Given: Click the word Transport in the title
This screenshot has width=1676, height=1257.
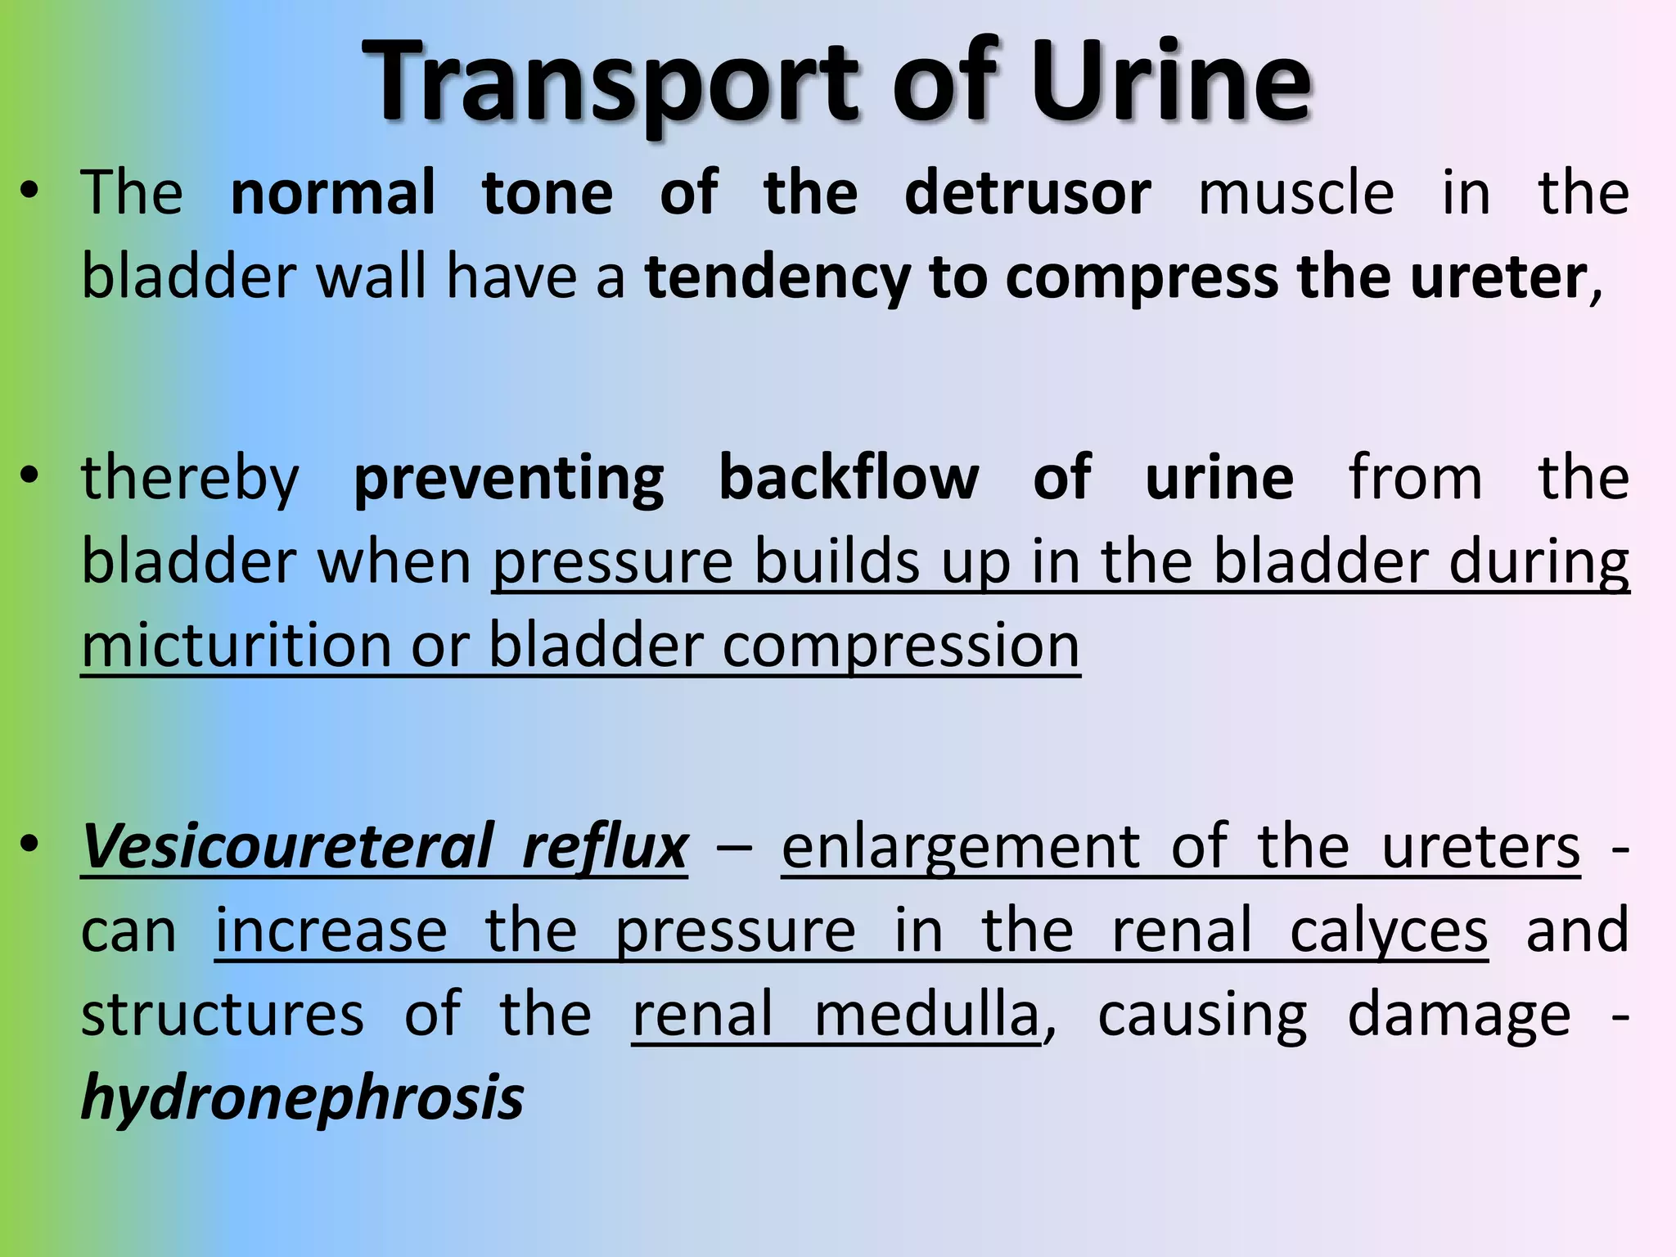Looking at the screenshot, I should click(610, 82).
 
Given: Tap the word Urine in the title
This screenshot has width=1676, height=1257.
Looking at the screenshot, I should click(1170, 82).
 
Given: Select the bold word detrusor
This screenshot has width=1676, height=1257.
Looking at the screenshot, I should click(1028, 193).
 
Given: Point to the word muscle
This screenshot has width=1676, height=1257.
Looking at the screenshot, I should click(1296, 193).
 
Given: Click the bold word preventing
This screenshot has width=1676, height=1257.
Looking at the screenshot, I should click(508, 478).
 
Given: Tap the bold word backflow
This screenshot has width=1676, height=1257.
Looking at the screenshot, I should click(849, 478).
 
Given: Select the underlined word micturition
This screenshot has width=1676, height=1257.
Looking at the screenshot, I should click(237, 645).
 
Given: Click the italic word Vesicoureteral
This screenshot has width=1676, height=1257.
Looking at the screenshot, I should click(287, 846).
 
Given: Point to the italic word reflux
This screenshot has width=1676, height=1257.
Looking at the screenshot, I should click(605, 846).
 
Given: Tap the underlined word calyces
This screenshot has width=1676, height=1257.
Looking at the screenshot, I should click(1389, 930).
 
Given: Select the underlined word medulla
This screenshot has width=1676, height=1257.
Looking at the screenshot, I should click(926, 1015).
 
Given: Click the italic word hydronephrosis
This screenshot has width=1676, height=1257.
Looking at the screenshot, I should click(303, 1098).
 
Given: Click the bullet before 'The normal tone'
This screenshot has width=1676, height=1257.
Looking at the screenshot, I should click(30, 193).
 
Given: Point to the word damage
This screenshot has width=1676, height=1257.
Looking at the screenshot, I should click(1458, 1015).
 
